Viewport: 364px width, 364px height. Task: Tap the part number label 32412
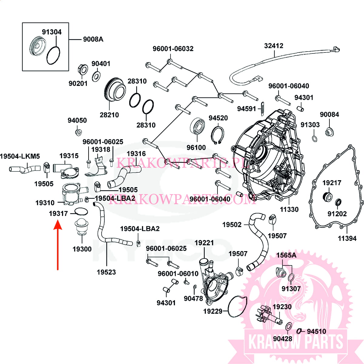tap(274, 46)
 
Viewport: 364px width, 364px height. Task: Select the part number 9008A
tap(93, 39)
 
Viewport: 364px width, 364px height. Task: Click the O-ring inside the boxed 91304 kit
tap(53, 56)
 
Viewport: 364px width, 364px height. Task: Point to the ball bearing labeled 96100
tap(198, 127)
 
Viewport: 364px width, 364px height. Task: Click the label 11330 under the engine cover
tap(289, 209)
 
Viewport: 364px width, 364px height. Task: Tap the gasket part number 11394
tap(347, 238)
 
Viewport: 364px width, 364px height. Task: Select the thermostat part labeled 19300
tap(81, 226)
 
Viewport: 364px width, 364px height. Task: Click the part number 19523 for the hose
tap(106, 272)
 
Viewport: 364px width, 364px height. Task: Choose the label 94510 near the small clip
tap(316, 332)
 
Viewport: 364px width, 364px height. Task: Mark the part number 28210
tap(109, 115)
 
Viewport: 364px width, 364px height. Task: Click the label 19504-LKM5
tap(20, 157)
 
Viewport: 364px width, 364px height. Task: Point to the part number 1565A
tap(286, 255)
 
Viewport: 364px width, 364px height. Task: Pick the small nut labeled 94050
tap(78, 132)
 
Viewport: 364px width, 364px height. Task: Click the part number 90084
tap(329, 115)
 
